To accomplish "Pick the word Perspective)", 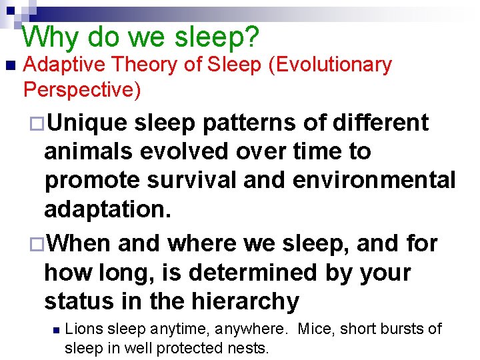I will coord(82,89).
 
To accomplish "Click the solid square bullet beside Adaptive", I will coord(9,66).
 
